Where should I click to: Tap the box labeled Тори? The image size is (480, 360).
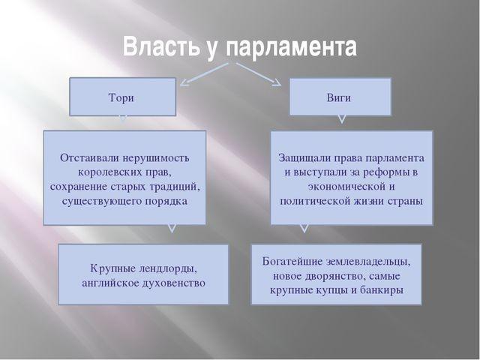pyautogui.click(x=123, y=97)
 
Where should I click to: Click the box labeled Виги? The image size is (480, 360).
pyautogui.click(x=342, y=96)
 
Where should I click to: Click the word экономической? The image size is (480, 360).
pyautogui.click(x=344, y=187)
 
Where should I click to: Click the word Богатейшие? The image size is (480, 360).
pyautogui.click(x=294, y=262)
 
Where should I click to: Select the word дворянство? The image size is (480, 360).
pyautogui.click(x=318, y=276)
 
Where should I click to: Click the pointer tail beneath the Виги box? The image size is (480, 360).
pyautogui.click(x=342, y=118)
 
